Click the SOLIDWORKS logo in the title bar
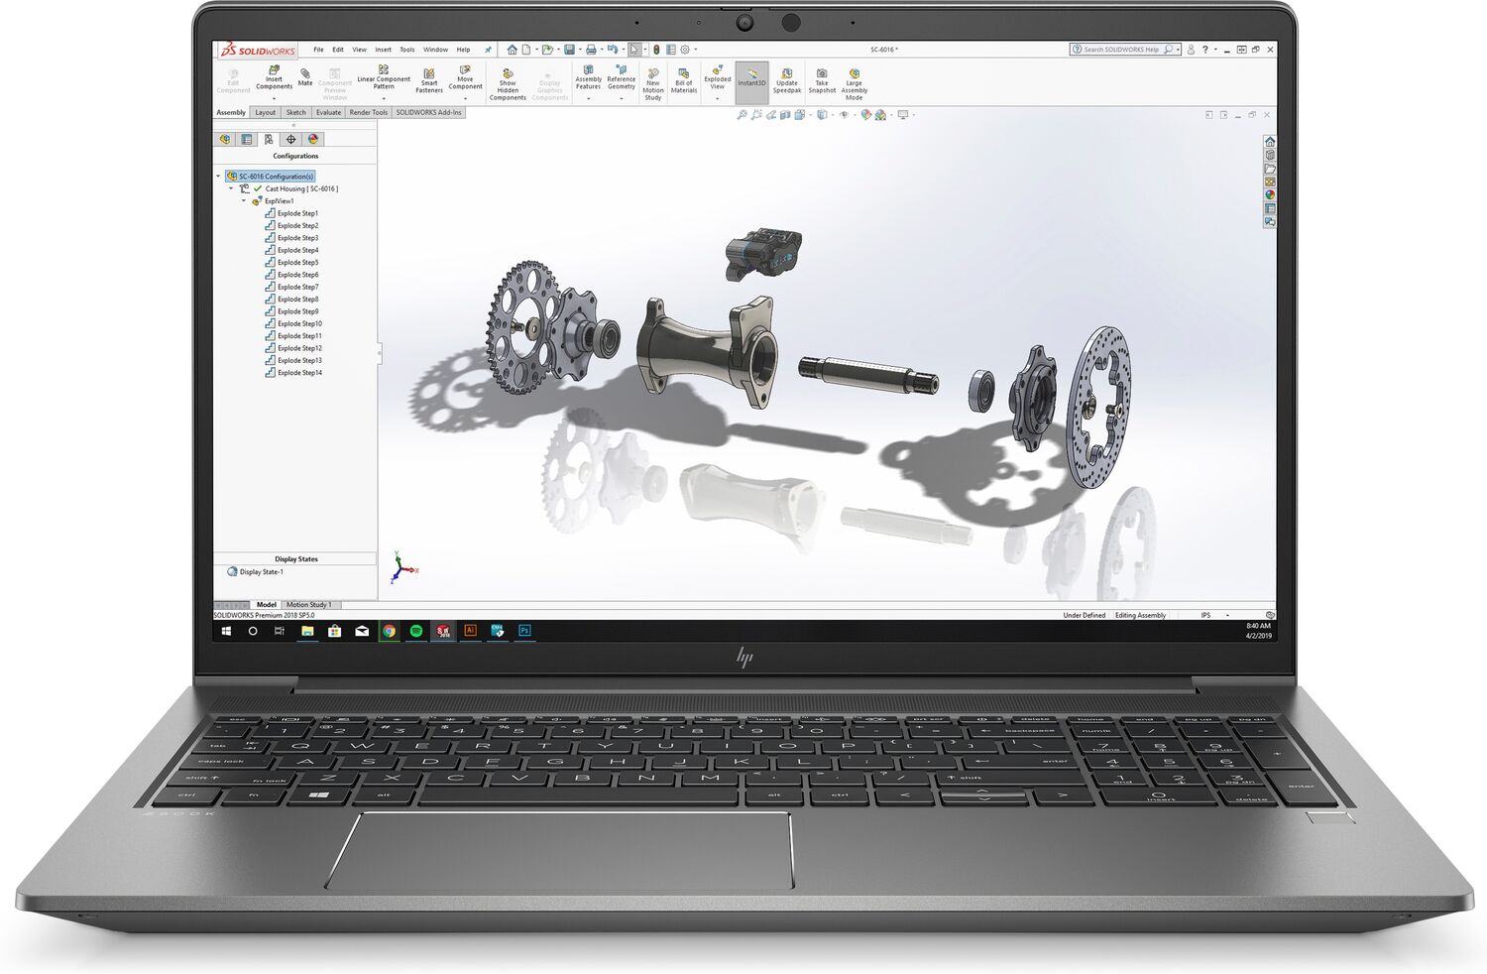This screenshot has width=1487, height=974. [x=258, y=50]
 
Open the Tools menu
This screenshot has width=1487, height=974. [x=406, y=50]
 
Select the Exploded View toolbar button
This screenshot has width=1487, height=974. [x=717, y=79]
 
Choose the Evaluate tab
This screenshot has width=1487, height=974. [x=328, y=112]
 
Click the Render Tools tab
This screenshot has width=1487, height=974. [x=368, y=112]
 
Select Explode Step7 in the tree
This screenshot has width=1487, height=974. [x=297, y=287]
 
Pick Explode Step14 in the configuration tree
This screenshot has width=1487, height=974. [x=299, y=373]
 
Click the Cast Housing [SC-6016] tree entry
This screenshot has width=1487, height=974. [x=300, y=188]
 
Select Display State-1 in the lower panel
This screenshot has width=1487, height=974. [x=261, y=571]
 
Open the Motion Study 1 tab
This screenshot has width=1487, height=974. [x=308, y=604]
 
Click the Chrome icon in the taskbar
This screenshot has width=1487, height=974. [x=390, y=631]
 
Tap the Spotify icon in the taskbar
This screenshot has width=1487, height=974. [x=416, y=631]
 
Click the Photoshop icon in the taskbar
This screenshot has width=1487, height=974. [x=524, y=631]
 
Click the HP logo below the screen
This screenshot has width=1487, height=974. [x=743, y=657]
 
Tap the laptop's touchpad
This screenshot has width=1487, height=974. [x=560, y=849]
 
